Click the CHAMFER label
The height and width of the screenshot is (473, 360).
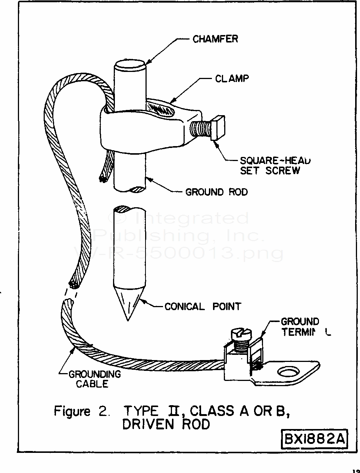click(x=215, y=39)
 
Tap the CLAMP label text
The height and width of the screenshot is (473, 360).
click(x=231, y=79)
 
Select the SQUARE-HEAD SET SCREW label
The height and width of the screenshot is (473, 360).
click(x=275, y=165)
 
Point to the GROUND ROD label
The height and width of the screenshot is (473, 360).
click(x=216, y=192)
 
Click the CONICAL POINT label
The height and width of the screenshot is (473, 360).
click(x=203, y=306)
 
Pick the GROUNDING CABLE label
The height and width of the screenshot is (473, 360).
click(x=94, y=379)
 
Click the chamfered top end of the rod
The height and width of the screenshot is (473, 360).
click(x=130, y=68)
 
